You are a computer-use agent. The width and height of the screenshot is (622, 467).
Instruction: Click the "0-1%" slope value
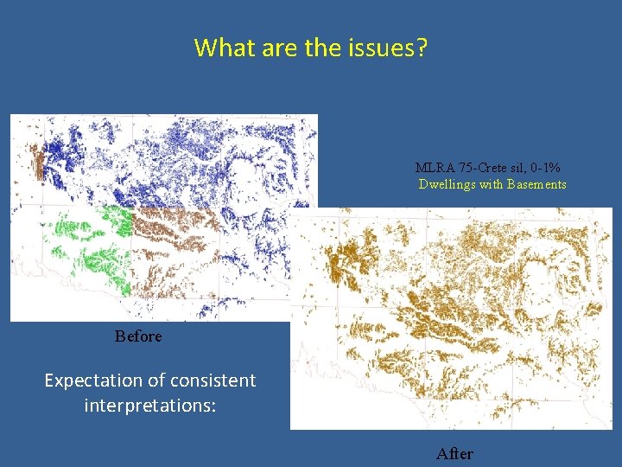(546, 168)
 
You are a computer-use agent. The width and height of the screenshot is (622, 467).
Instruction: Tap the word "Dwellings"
(447, 184)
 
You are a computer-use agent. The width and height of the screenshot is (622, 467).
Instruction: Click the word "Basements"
(537, 184)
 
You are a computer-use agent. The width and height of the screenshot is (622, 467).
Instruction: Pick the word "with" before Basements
(492, 184)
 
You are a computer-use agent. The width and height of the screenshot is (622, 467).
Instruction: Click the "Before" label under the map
(138, 336)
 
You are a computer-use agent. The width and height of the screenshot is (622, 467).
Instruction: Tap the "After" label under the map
(454, 453)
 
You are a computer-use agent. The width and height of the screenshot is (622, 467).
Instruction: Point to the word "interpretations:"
(149, 405)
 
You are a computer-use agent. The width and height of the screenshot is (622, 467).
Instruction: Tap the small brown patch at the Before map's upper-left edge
(36, 160)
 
